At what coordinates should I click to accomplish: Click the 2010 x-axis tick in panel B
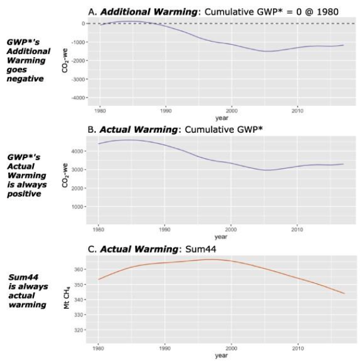tap(298, 228)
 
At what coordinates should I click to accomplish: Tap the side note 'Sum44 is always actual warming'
tap(26, 291)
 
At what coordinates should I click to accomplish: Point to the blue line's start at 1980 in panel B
tap(99, 143)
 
